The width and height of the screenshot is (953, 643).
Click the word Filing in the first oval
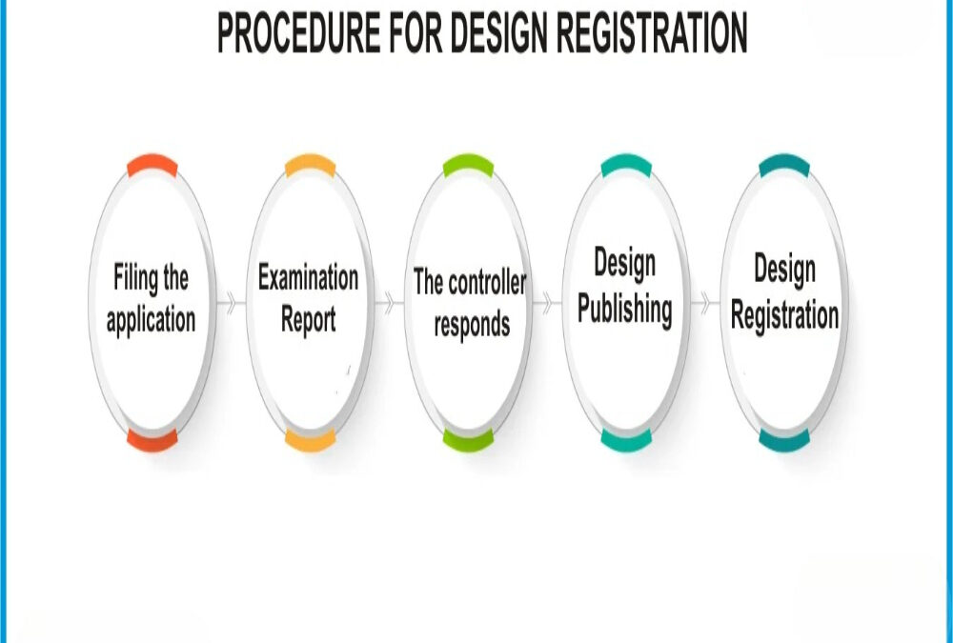[x=136, y=279]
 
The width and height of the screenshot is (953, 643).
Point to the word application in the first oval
[x=151, y=320]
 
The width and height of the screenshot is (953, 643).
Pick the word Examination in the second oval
[x=308, y=278]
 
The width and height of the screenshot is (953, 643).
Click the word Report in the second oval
[x=308, y=319]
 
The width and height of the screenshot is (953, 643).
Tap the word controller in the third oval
[x=486, y=282]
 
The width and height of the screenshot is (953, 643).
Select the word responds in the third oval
[x=472, y=324]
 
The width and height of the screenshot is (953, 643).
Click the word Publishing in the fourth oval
[x=624, y=311]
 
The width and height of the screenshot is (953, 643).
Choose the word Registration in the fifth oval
[x=784, y=315]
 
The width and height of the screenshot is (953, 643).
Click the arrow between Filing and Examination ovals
[x=230, y=304]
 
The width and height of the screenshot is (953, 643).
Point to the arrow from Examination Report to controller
[x=388, y=304]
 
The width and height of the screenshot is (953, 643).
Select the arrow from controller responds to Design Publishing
[x=546, y=304]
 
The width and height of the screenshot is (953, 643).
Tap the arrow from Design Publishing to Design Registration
[x=704, y=304]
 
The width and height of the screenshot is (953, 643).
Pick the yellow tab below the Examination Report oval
[x=310, y=439]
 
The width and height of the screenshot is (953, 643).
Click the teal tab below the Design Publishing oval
[x=626, y=439]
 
